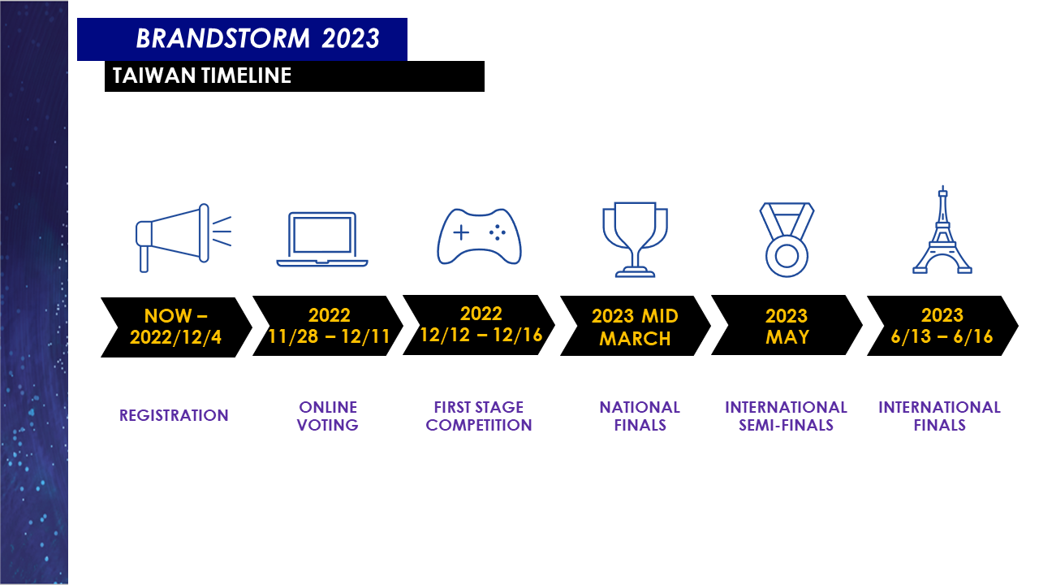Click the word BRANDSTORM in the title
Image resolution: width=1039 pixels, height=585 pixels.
point(222,38)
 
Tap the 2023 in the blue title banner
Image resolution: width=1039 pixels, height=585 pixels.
point(351,38)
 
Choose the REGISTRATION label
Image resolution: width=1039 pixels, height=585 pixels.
point(174,415)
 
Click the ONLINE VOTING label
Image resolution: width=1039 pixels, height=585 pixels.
point(328,416)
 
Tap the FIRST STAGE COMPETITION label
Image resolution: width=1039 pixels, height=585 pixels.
point(479,416)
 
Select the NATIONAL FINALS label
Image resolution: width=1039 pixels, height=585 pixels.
point(640,416)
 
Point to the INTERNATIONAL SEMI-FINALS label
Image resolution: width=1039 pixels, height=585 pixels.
point(787,416)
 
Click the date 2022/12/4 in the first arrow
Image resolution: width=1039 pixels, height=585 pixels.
point(176,337)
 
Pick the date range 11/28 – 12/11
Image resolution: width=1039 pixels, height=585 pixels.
point(329,336)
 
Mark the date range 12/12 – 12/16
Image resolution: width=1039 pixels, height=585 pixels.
point(481,335)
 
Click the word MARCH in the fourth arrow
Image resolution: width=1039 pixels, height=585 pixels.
point(635,339)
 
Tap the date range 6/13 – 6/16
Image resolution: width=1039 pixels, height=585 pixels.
point(942,336)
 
